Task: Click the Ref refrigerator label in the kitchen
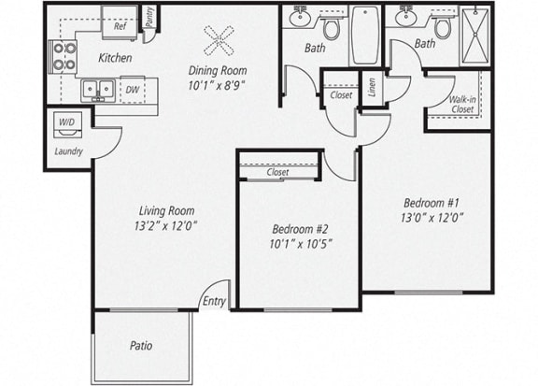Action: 120,27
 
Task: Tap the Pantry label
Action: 149,17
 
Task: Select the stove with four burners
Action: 64,57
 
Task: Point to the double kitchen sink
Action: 96,90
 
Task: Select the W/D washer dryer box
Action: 67,122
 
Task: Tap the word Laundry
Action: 69,150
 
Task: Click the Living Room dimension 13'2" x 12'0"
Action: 166,225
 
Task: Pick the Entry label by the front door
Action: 214,301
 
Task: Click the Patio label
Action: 140,346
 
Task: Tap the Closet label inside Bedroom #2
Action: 277,172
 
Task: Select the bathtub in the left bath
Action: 364,36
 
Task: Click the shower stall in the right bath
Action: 476,34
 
